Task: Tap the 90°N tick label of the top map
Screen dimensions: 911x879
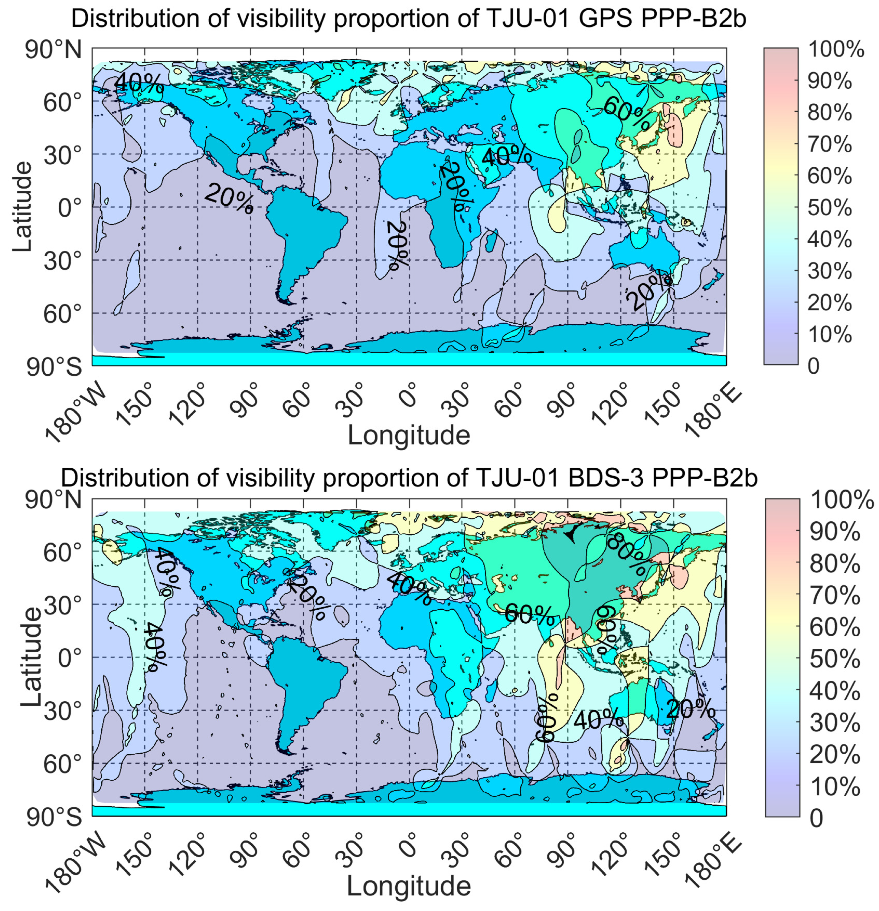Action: tap(54, 50)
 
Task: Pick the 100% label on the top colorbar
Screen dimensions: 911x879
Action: tap(836, 49)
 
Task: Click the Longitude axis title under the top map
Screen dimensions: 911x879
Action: tap(409, 435)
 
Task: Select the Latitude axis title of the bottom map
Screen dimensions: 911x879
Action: tap(31, 658)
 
